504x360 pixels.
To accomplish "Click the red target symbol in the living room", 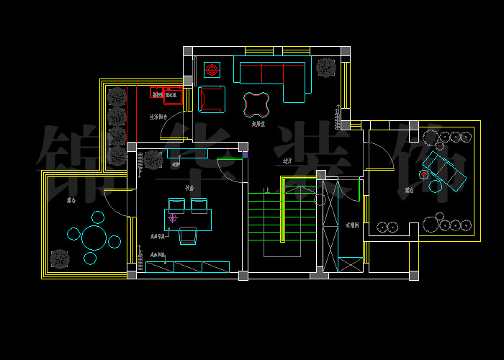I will [212, 70].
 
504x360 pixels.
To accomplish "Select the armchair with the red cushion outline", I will [212, 99].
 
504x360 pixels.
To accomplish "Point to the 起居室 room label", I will [259, 124].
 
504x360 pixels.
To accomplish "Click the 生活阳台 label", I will [158, 117].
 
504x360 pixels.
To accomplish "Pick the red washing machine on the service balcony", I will [156, 92].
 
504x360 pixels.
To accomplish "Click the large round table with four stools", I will [94, 238].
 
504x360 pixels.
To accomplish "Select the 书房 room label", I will [190, 188].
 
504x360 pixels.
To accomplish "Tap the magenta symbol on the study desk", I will [173, 217].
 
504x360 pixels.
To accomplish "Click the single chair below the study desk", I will [188, 235].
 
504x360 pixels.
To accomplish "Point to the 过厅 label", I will [287, 161].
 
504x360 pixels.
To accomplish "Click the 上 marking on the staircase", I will [267, 191].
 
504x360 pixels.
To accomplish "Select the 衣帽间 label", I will [352, 224].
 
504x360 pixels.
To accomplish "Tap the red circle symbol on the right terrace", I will [424, 174].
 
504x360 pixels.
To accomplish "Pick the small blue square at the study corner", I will [245, 154].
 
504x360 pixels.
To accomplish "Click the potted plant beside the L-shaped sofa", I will [326, 68].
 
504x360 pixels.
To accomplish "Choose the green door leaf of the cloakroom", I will [359, 191].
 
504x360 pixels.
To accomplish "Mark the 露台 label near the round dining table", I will [71, 200].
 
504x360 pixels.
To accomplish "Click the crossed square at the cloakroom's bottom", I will [351, 264].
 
